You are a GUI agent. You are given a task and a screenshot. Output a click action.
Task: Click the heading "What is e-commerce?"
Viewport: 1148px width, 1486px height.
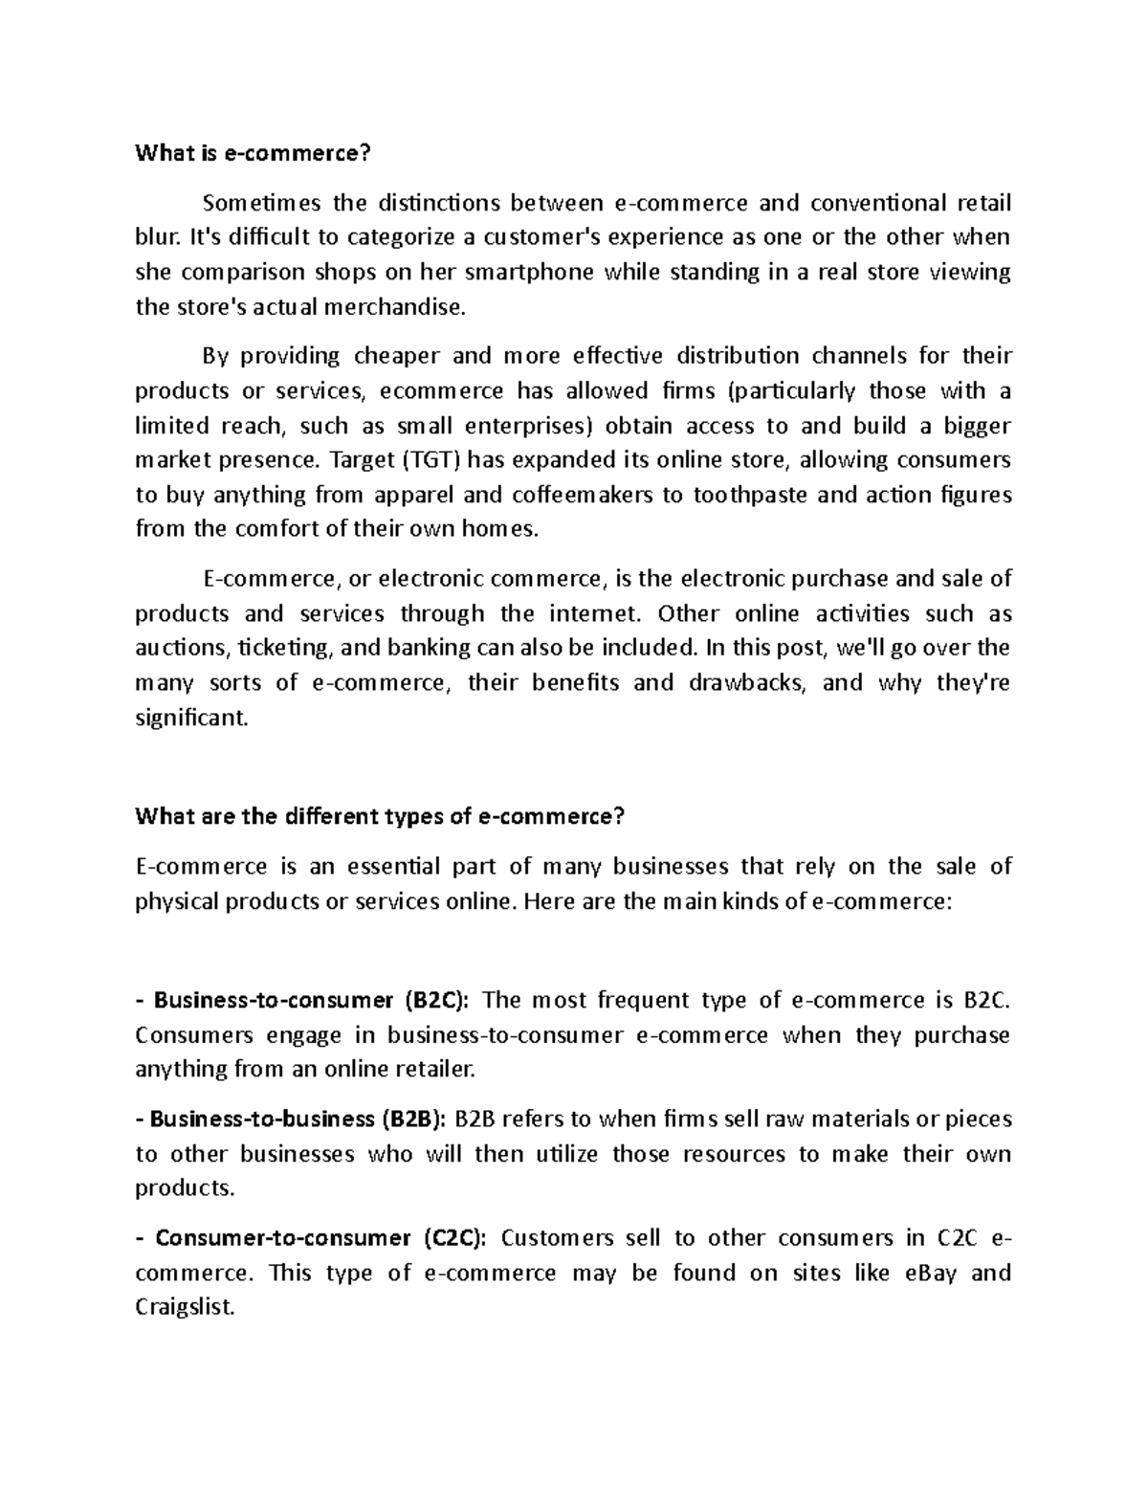252,153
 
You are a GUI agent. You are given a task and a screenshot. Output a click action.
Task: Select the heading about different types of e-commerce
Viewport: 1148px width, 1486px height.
380,816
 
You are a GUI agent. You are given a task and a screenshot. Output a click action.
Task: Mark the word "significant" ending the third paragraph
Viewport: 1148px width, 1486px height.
190,718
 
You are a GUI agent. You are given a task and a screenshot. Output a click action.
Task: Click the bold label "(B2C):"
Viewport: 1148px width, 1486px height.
436,1000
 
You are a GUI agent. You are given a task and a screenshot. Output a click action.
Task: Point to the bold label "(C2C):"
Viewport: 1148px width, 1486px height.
453,1237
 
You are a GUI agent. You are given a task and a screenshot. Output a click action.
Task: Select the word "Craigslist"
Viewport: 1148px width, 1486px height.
184,1307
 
